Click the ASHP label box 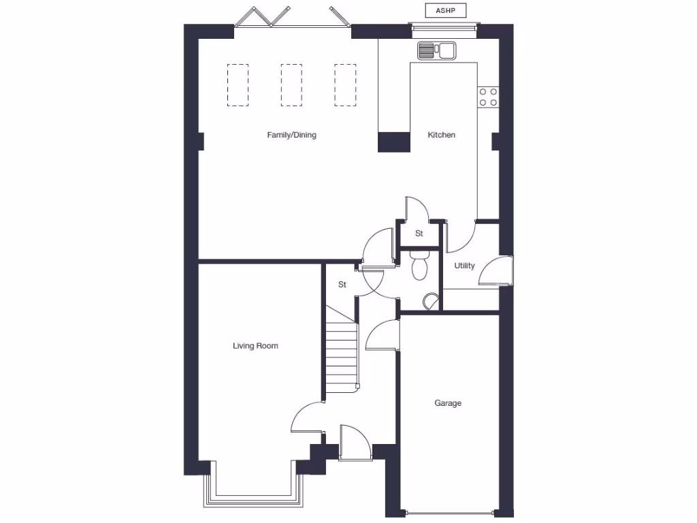(x=445, y=10)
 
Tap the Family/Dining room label (x=291, y=135)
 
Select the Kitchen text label (x=441, y=135)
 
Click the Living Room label (x=255, y=346)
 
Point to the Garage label (x=448, y=403)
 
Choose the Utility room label (x=464, y=266)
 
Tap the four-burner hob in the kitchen (x=487, y=97)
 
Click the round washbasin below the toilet (x=430, y=301)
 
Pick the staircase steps (x=341, y=354)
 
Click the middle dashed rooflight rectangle (x=291, y=85)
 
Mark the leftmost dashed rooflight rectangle (x=238, y=85)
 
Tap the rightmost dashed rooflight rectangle (x=345, y=85)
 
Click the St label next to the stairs (x=342, y=285)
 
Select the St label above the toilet (x=419, y=233)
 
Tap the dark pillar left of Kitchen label (x=394, y=142)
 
